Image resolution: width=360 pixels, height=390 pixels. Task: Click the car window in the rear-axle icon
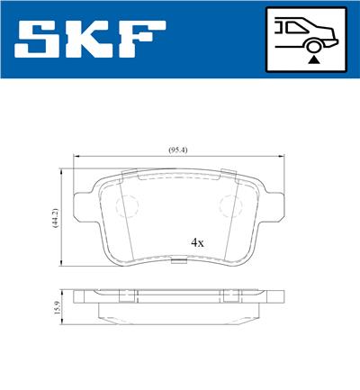tap(290, 28)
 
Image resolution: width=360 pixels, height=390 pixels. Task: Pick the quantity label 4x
tap(197, 242)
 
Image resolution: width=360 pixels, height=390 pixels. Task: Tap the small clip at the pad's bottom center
tap(181, 263)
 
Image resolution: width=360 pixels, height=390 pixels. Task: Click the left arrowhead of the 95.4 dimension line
tap(76, 157)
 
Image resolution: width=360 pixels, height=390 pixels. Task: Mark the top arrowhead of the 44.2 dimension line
tap(62, 168)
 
